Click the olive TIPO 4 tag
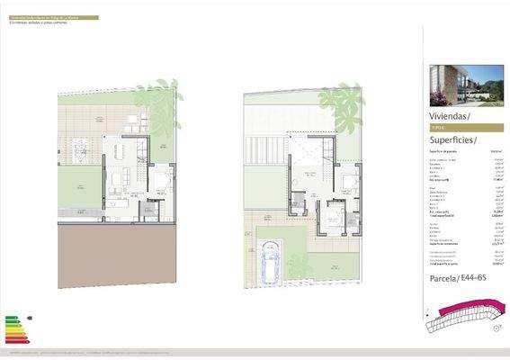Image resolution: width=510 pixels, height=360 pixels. point(438,129)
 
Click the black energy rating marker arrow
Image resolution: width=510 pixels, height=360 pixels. point(30,318)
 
